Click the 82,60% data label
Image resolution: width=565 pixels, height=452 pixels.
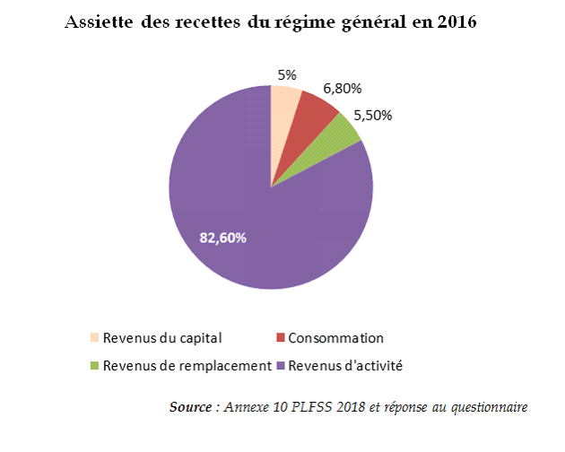(x=222, y=238)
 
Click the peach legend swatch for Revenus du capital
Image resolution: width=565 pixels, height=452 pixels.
(x=94, y=338)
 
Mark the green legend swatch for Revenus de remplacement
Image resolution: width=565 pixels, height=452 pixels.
(x=94, y=365)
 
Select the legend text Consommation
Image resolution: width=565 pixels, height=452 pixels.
(x=335, y=338)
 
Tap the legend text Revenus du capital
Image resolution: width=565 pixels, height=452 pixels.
(x=162, y=338)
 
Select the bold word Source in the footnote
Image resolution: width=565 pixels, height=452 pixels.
(x=189, y=408)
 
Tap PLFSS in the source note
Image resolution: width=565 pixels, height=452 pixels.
(x=306, y=408)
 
